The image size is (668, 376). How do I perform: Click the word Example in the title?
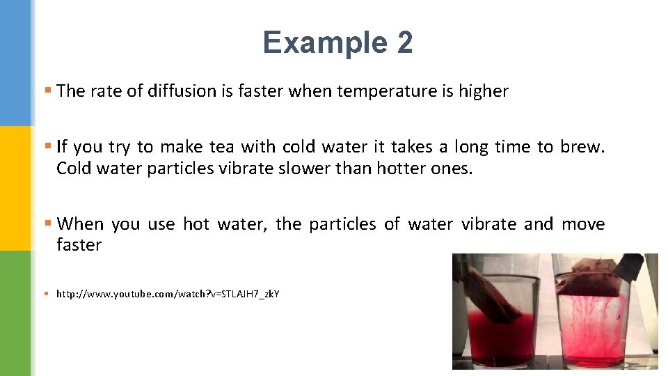[325, 42]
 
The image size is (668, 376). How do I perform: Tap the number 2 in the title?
[405, 42]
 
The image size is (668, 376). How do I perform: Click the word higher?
[484, 91]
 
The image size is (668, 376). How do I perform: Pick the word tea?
[222, 147]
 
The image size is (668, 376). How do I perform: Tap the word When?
[80, 224]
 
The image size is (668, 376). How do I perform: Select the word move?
[583, 224]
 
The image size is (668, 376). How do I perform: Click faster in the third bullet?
[79, 245]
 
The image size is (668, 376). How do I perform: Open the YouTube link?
[168, 295]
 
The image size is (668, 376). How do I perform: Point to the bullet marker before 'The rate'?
[47, 91]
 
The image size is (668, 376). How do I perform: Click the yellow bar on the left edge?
[15, 188]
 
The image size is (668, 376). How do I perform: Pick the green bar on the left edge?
[15, 313]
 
